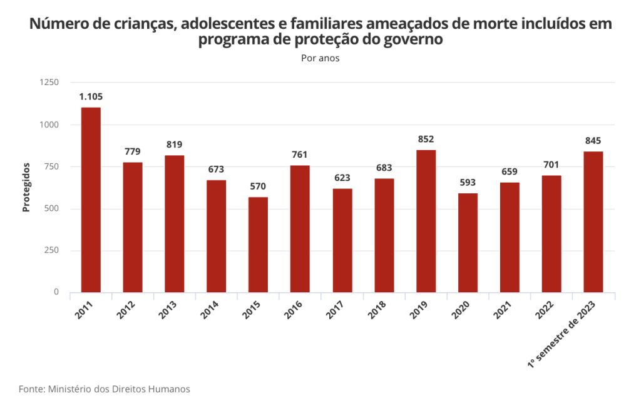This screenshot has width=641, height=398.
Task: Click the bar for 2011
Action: [91, 200]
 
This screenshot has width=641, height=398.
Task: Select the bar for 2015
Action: [258, 245]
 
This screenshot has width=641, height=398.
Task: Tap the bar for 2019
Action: [426, 221]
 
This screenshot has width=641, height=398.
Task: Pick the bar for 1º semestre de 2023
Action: [593, 222]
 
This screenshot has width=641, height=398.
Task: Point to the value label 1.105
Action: [91, 96]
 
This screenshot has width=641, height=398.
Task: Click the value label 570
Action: [258, 186]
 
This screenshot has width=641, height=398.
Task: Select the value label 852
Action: [426, 139]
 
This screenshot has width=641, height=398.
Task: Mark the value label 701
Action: [551, 165]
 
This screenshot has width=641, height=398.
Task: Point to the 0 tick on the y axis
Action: [56, 292]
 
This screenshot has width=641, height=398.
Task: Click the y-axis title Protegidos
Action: [26, 187]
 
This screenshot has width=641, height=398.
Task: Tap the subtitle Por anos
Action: [320, 58]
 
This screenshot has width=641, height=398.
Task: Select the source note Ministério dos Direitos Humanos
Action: [118, 389]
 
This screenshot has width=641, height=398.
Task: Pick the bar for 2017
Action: [342, 240]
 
